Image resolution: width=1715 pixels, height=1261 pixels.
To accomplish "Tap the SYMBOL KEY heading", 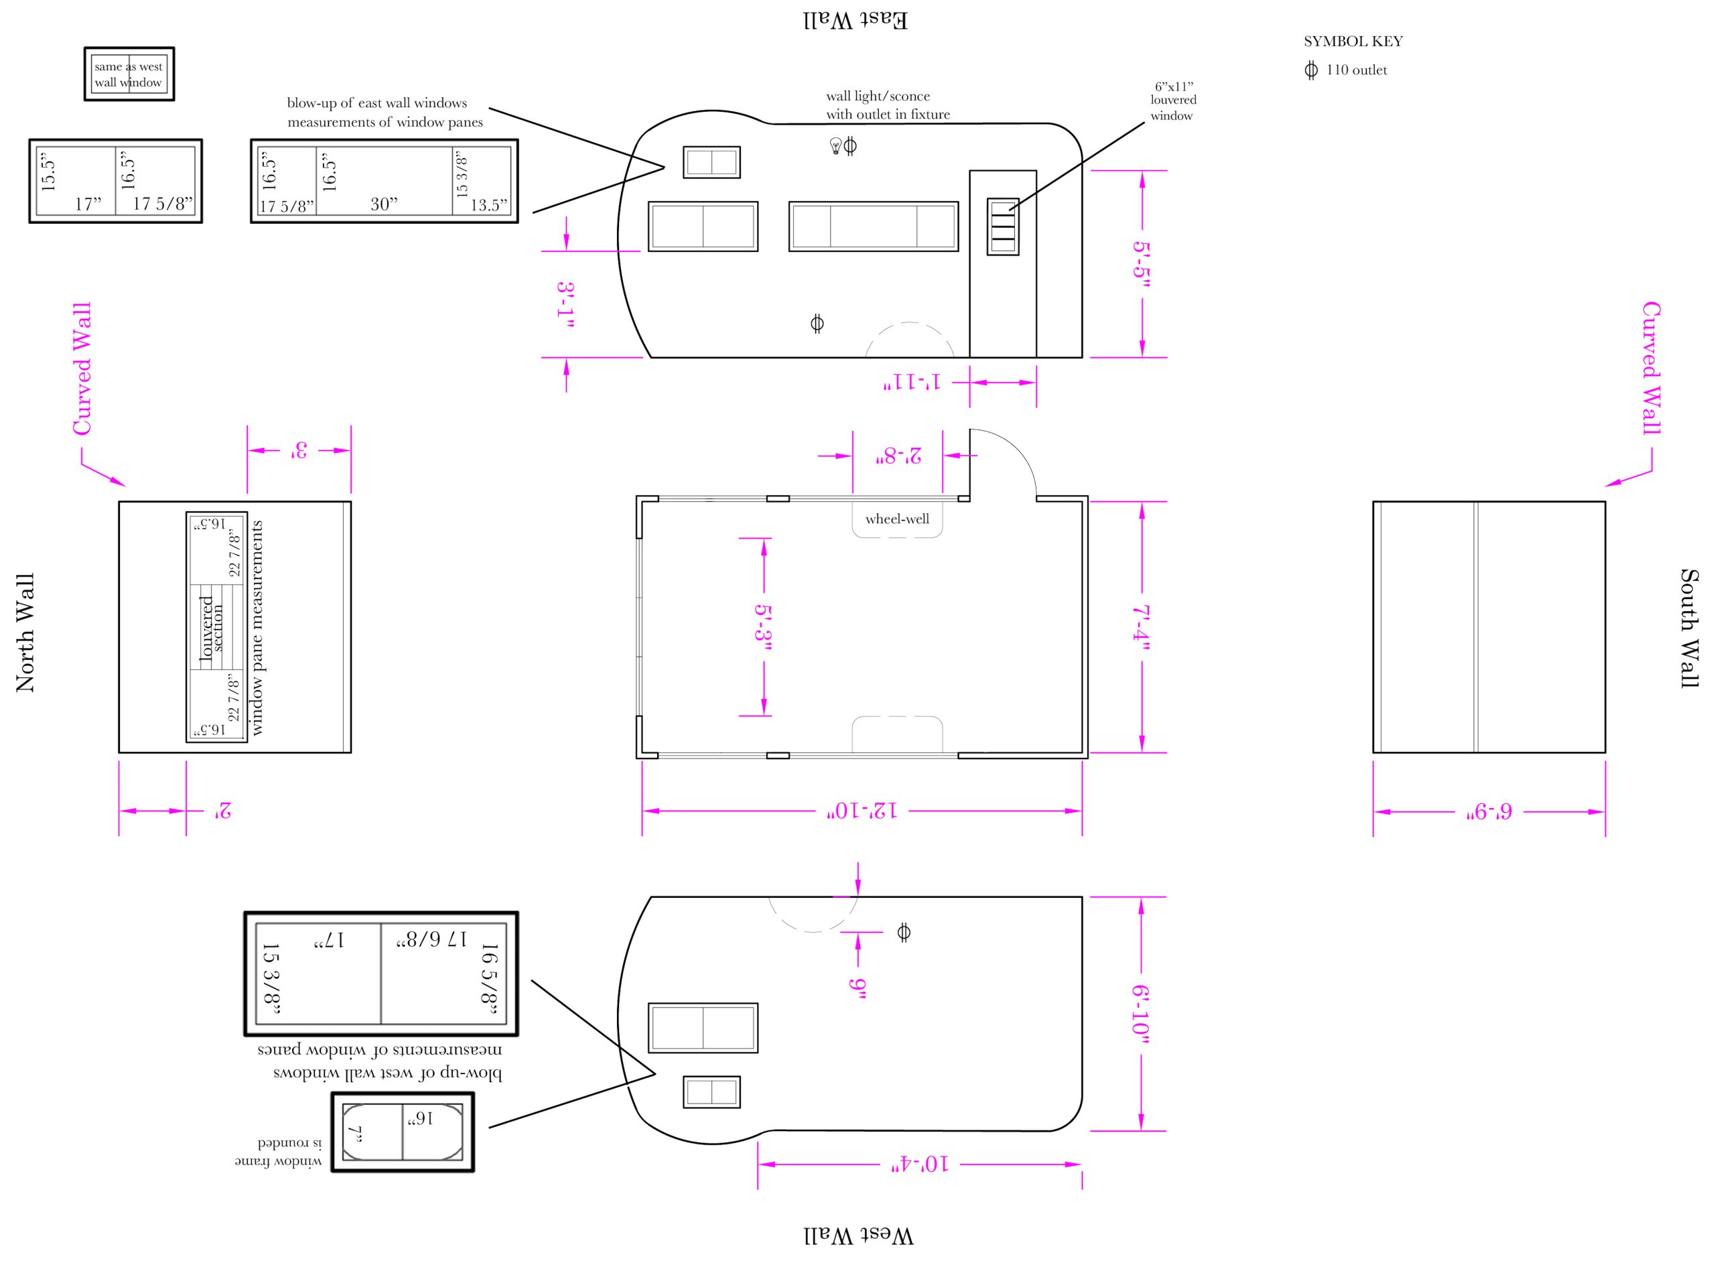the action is pyautogui.click(x=1353, y=42).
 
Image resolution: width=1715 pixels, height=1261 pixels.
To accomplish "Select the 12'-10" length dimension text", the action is pyautogui.click(x=862, y=811).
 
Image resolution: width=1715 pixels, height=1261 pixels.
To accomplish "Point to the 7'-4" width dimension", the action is pyautogui.click(x=1141, y=627).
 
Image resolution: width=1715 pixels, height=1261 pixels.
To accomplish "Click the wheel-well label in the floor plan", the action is pyautogui.click(x=897, y=519).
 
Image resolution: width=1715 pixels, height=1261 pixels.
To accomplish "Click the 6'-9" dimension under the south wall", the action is pyautogui.click(x=1489, y=811).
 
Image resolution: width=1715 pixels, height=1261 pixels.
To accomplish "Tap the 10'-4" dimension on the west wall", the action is pyautogui.click(x=920, y=1164).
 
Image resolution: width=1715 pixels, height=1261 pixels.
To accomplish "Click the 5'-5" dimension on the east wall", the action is pyautogui.click(x=1141, y=264).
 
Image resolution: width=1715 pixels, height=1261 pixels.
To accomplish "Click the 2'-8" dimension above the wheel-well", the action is pyautogui.click(x=898, y=456).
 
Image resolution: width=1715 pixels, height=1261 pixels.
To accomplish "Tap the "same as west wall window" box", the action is pyautogui.click(x=129, y=74).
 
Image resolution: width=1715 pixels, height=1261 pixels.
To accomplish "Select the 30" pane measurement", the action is pyautogui.click(x=384, y=204).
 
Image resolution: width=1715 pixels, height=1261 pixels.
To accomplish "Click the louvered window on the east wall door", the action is pyautogui.click(x=1003, y=226).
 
